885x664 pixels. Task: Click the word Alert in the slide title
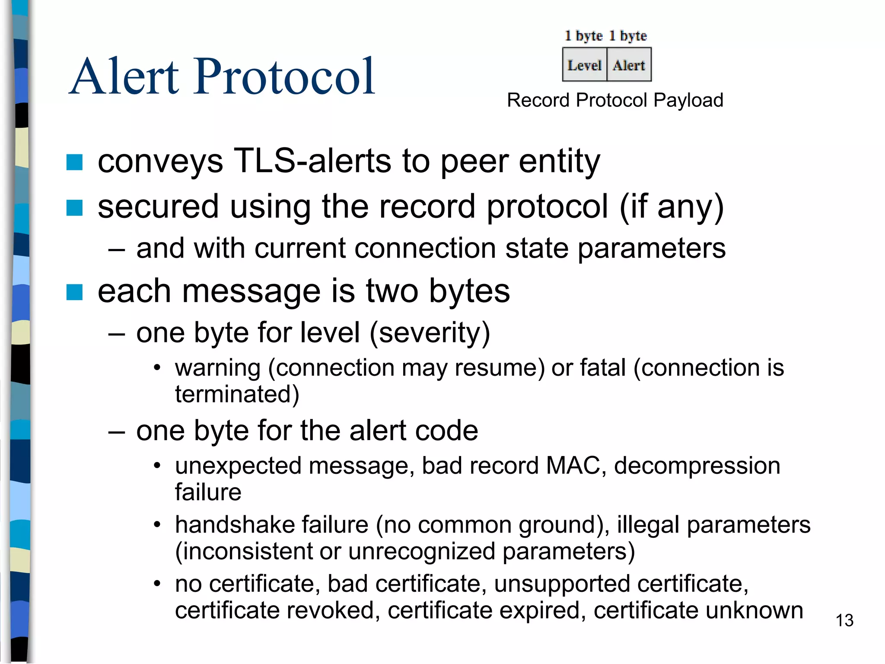point(124,77)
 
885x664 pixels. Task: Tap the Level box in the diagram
point(584,65)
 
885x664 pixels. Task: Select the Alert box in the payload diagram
point(629,65)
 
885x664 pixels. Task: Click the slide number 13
point(844,621)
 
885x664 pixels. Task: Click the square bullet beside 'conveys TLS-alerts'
point(74,163)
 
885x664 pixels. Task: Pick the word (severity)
point(430,333)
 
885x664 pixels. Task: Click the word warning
point(218,368)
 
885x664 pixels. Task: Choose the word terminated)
point(237,394)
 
